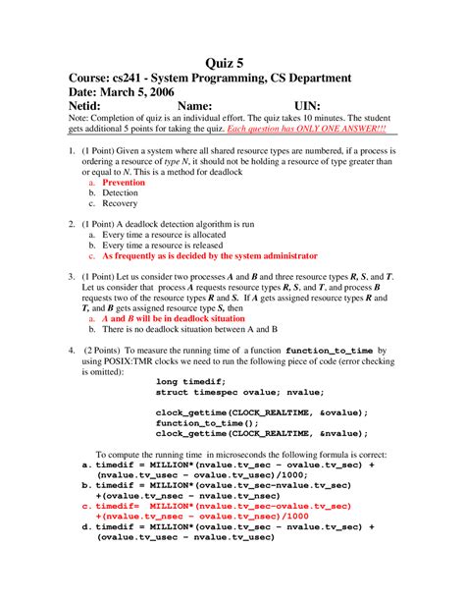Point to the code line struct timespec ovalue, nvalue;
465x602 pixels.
[234, 393]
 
